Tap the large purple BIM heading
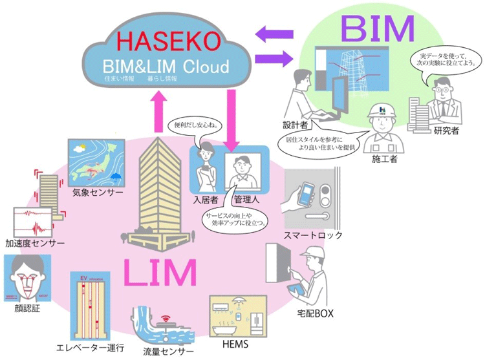point(378,28)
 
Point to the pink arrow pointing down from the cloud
point(230,117)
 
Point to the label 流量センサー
point(167,352)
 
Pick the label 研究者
point(447,130)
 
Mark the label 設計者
point(294,123)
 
